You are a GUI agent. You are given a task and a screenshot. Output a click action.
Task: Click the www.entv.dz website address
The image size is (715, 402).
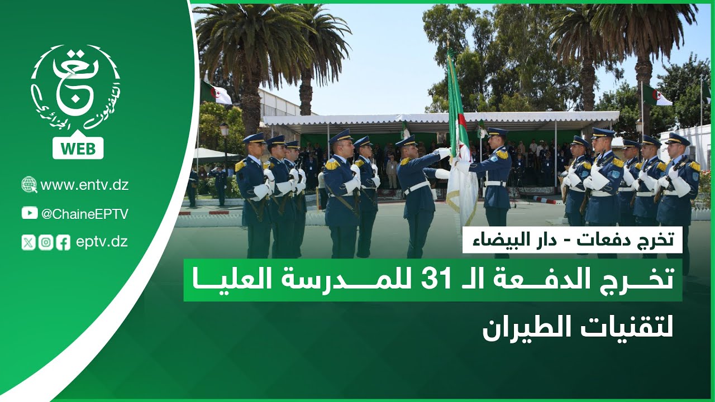click(84, 185)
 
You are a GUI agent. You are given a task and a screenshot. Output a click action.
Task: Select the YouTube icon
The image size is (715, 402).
click(30, 213)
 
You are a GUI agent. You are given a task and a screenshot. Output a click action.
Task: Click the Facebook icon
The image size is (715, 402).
click(63, 242)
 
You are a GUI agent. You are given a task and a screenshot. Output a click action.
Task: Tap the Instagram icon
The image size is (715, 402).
click(46, 242)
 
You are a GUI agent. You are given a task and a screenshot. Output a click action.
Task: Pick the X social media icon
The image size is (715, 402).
click(28, 242)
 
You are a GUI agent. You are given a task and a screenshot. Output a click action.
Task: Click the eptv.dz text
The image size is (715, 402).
click(102, 242)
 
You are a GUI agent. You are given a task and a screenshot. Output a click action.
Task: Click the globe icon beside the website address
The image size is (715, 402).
click(29, 185)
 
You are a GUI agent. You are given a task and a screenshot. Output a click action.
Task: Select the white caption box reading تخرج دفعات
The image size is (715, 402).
click(572, 240)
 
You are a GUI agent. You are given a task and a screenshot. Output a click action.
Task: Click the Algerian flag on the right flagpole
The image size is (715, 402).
click(657, 96)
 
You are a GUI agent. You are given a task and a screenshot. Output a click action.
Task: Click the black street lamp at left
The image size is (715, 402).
click(225, 132)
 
